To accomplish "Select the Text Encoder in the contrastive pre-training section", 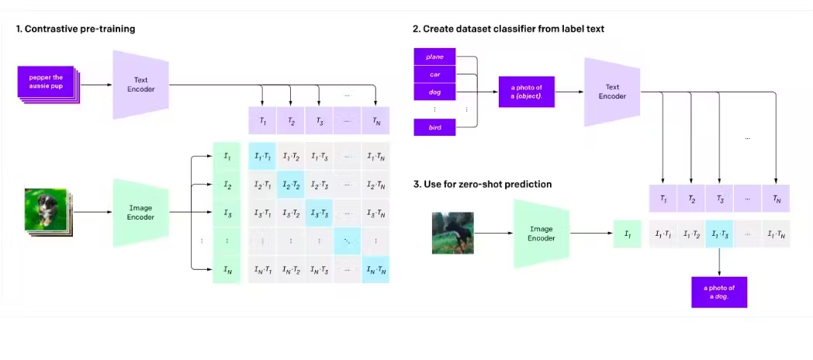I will click(141, 85).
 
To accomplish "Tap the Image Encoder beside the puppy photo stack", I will click(141, 211).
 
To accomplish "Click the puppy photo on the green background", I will click(46, 209).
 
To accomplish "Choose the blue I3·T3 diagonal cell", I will click(319, 212).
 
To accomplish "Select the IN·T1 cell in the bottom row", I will click(262, 268).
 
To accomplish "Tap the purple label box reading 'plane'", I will click(434, 56).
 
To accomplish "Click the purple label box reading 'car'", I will click(434, 74).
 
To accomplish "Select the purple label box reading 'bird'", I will click(434, 127).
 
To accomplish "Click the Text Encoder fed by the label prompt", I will click(612, 92).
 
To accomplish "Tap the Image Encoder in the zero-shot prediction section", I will click(541, 233).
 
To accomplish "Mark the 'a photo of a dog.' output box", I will click(719, 292).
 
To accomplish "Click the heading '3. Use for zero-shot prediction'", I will click(482, 184).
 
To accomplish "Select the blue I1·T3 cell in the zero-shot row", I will click(719, 234).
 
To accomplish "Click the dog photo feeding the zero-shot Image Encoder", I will click(452, 233).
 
